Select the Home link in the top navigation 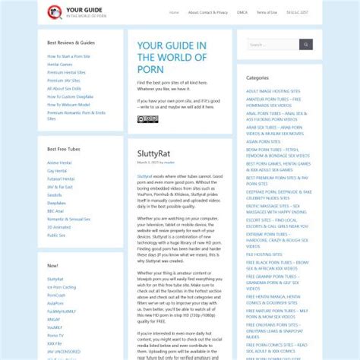[174, 12]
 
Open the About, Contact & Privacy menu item [207, 12]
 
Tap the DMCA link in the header [242, 12]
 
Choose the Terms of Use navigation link [267, 12]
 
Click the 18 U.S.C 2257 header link [297, 12]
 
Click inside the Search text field [270, 45]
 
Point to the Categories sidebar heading [257, 78]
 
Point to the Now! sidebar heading [52, 266]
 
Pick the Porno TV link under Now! [55, 335]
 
